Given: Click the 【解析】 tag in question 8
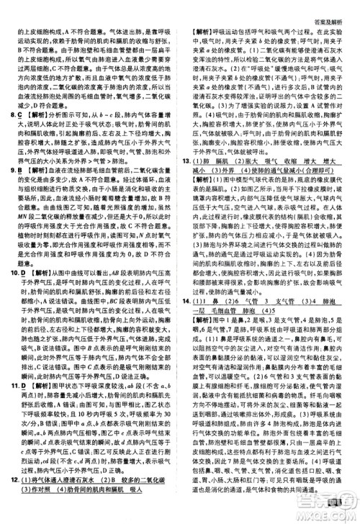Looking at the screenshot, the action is [36, 114].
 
